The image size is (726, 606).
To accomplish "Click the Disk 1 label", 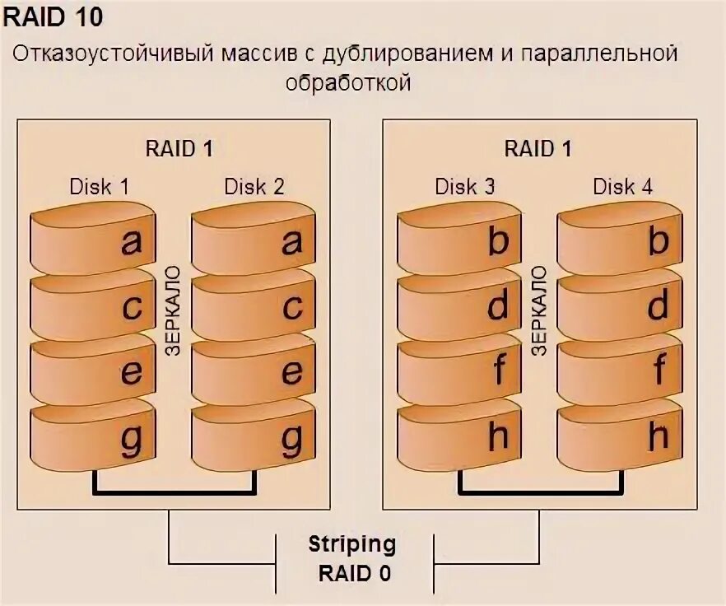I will click(x=99, y=186).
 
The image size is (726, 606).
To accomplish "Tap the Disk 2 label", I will click(x=254, y=186).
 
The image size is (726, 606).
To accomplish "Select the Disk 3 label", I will click(x=465, y=186).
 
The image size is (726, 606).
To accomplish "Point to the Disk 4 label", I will click(x=623, y=186).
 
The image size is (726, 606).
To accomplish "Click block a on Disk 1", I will click(x=92, y=240).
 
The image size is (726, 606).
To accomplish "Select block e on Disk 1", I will click(x=92, y=371).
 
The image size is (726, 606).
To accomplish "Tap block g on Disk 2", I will click(x=254, y=436).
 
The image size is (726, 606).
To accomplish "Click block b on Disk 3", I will click(x=459, y=240).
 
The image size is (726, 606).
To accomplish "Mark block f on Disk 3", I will click(x=459, y=371).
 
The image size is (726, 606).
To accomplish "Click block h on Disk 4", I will click(x=619, y=436).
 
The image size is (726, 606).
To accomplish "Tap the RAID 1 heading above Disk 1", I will click(x=179, y=149).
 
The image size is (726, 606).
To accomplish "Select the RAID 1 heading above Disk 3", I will click(x=538, y=149).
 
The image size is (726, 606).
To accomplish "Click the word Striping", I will click(x=351, y=544).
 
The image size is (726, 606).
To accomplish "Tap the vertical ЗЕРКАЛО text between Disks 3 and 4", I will click(x=540, y=310).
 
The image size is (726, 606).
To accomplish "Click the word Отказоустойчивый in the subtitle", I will click(x=112, y=54).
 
